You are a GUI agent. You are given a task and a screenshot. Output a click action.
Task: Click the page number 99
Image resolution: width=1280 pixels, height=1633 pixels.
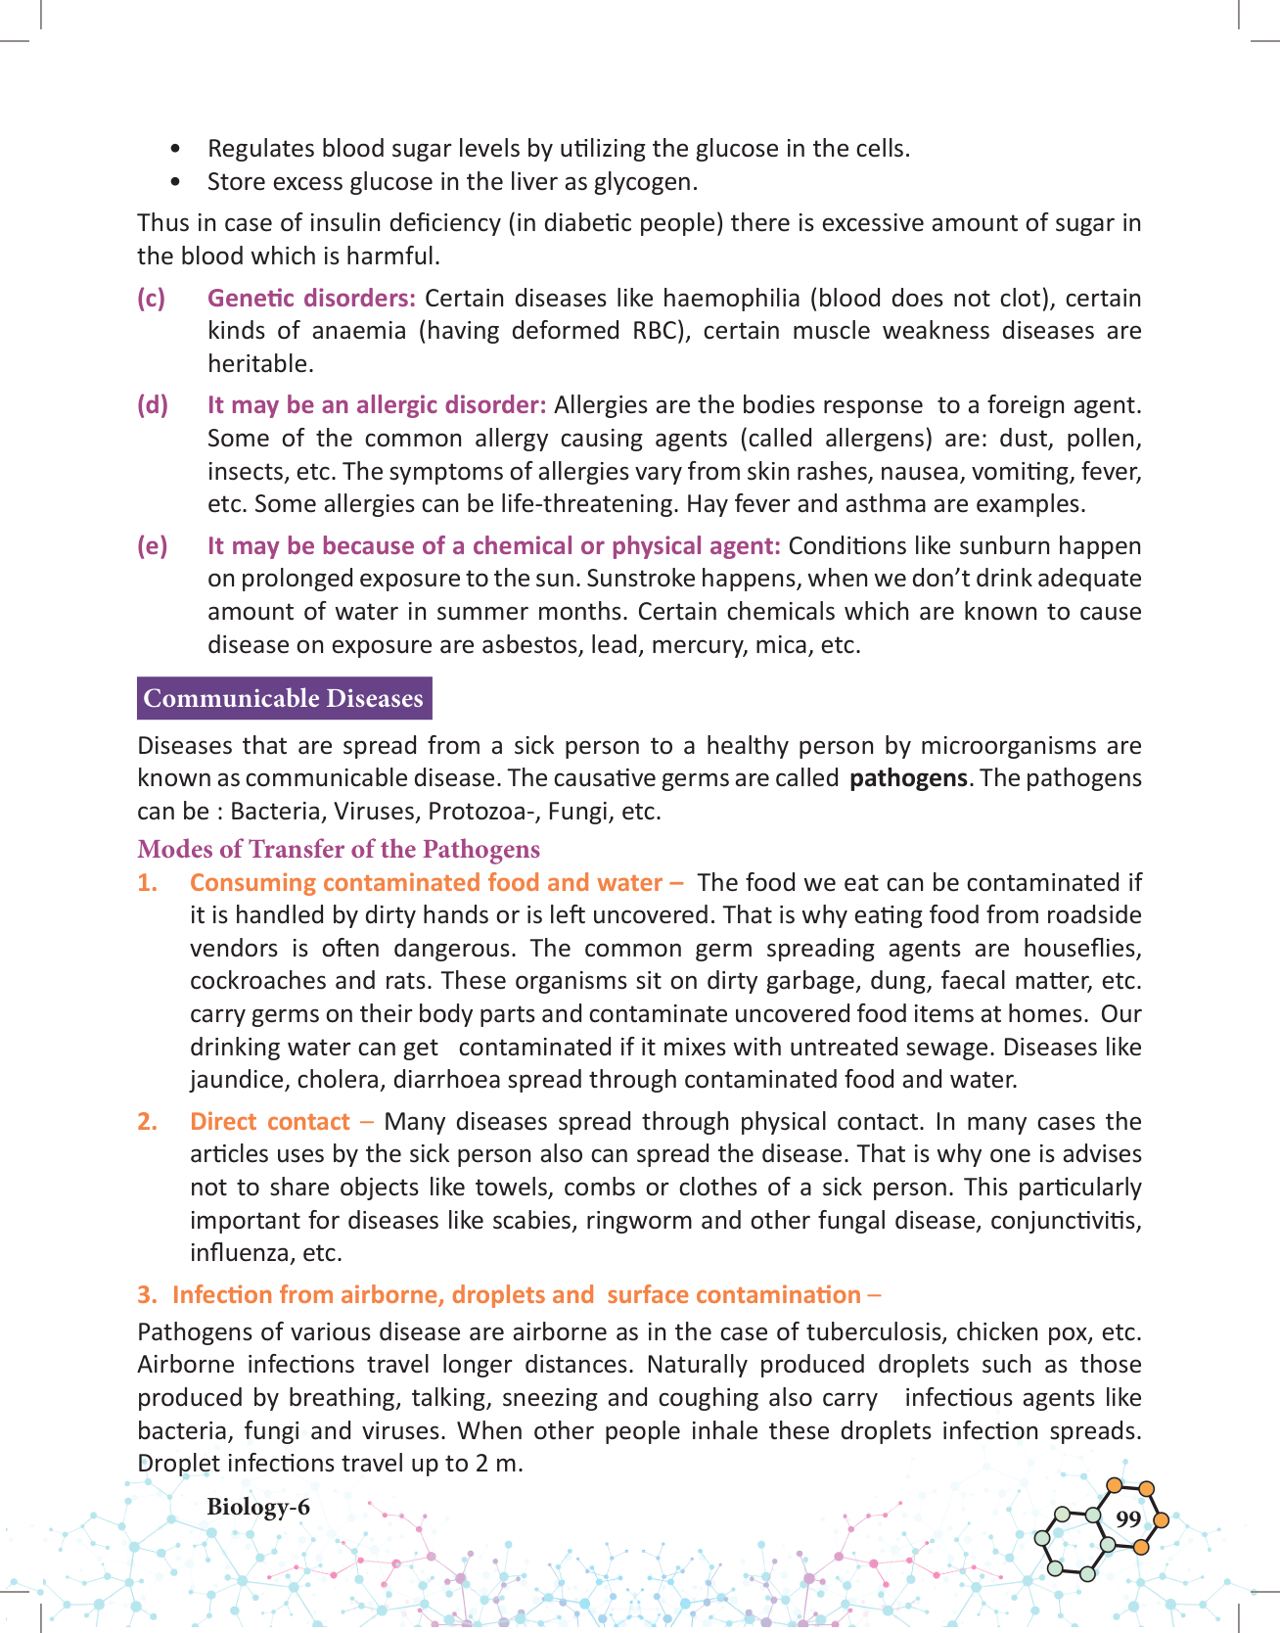pyautogui.click(x=1128, y=1518)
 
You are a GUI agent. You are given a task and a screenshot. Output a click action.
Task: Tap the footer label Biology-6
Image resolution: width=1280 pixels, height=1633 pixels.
pyautogui.click(x=258, y=1507)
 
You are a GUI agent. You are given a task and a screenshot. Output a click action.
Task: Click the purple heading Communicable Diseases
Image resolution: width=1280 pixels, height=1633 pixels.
pyautogui.click(x=284, y=698)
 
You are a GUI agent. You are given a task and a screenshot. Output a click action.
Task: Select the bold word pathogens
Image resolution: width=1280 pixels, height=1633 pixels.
pyautogui.click(x=908, y=778)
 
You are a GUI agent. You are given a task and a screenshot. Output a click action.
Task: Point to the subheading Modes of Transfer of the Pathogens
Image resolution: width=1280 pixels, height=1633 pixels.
pyautogui.click(x=339, y=849)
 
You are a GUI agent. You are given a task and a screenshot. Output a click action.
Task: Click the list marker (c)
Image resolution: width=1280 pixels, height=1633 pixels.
pyautogui.click(x=151, y=298)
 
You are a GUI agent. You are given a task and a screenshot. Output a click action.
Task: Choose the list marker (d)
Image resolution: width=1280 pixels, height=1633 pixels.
pyautogui.click(x=152, y=404)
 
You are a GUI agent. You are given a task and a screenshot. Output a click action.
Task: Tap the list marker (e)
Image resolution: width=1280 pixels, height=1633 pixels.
pyautogui.click(x=152, y=545)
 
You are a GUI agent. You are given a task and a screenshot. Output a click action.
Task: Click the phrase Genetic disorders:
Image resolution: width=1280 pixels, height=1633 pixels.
pyautogui.click(x=311, y=298)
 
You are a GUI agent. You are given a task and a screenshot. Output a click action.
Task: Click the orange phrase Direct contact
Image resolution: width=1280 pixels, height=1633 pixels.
pyautogui.click(x=269, y=1121)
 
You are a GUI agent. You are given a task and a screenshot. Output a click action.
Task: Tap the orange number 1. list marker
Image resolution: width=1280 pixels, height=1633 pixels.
pyautogui.click(x=148, y=882)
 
